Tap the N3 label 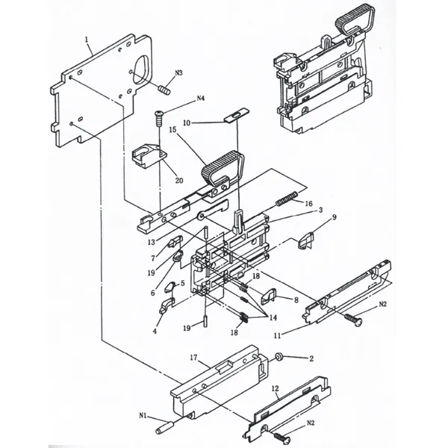click(179, 73)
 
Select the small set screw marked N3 click(165, 90)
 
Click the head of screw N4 click(159, 113)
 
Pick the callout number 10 click(187, 122)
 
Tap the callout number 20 click(179, 179)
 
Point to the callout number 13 click(151, 242)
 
